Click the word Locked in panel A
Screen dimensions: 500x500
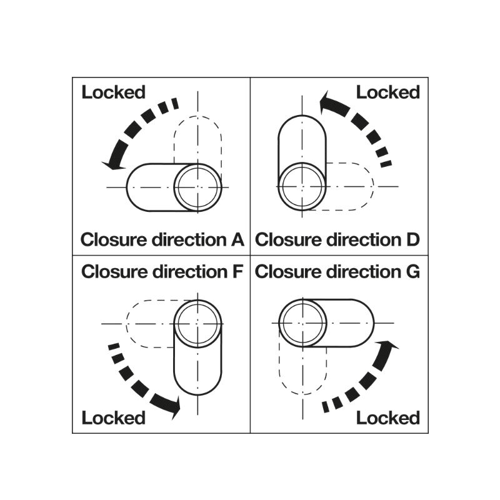[x=113, y=92]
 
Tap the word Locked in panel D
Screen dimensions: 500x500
[x=387, y=92]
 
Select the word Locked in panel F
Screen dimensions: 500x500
[x=113, y=417]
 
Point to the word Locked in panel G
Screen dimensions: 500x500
[x=387, y=417]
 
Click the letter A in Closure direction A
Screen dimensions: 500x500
[x=237, y=239]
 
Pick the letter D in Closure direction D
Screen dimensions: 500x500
[x=412, y=239]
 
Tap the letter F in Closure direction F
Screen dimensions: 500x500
[x=237, y=272]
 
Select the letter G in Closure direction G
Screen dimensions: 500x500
[x=412, y=272]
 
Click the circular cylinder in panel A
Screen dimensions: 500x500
[x=197, y=187]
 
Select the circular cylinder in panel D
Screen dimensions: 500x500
[x=301, y=187]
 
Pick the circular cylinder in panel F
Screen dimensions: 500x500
[x=197, y=323]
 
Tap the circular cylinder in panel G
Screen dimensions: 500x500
[x=301, y=323]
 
